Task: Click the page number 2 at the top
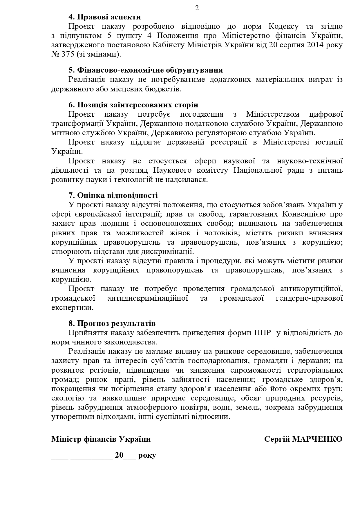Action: [197, 8]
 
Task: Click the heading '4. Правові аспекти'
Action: [105, 17]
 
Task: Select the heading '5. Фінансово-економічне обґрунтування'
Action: [146, 70]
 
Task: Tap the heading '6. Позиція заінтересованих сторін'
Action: [133, 105]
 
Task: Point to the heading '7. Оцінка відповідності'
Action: [113, 195]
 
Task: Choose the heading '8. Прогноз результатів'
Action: [112, 323]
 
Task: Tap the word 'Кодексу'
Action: [283, 26]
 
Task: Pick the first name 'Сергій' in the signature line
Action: [277, 439]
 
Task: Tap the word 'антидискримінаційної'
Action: [148, 298]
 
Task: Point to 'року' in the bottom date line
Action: [147, 455]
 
